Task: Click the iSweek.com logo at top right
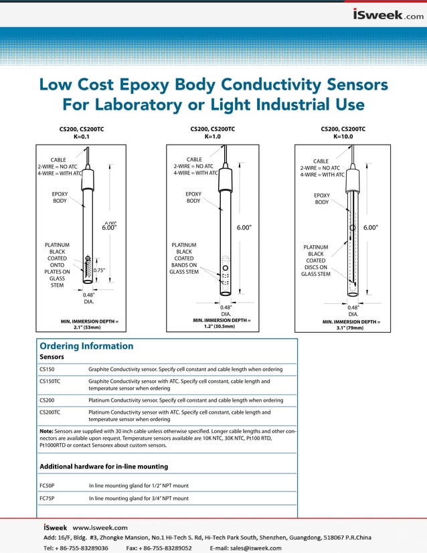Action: [x=388, y=15]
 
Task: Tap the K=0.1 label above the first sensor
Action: [x=81, y=137]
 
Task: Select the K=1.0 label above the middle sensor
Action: [x=212, y=137]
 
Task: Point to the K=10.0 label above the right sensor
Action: [x=343, y=137]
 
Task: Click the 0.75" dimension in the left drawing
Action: [x=99, y=270]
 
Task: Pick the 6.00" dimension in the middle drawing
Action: [x=244, y=228]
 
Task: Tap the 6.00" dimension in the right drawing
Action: [x=371, y=228]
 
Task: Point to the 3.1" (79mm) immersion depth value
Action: [x=350, y=328]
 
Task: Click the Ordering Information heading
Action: [x=86, y=346]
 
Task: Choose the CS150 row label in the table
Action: [x=48, y=369]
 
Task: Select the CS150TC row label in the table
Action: [x=52, y=381]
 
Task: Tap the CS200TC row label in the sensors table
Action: [x=52, y=412]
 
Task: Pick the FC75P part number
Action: [x=48, y=498]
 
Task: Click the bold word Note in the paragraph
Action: [x=47, y=431]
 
